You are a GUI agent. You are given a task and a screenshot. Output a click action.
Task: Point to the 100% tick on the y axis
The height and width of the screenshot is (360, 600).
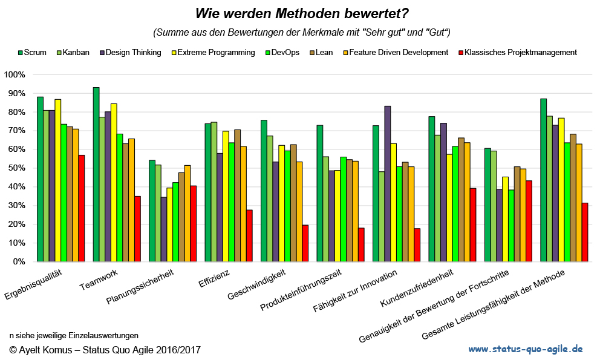point(15,74)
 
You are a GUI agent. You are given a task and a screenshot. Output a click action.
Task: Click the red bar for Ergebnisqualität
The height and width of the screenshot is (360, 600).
point(82,208)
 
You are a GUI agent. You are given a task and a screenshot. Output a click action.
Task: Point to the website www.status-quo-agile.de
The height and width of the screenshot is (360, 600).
point(526,349)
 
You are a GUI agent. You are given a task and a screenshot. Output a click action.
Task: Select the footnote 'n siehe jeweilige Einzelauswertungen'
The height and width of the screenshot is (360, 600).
point(74,335)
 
